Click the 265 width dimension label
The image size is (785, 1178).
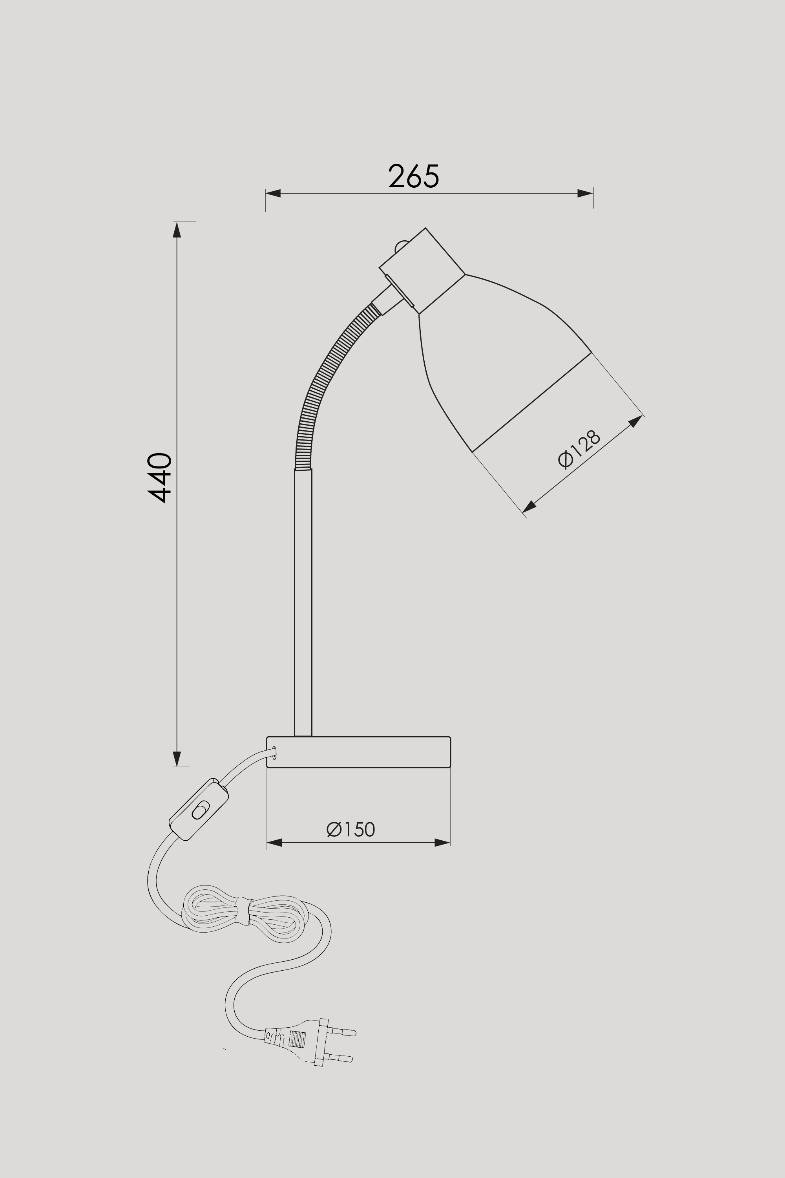414,176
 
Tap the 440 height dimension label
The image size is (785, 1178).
160,477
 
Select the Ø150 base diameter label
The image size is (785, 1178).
351,829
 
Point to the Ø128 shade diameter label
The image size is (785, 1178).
579,449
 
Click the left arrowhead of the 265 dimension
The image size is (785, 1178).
273,193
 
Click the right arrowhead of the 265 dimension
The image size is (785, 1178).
585,193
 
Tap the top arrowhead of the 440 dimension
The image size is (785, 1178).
177,229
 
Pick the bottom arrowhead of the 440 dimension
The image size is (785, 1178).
177,759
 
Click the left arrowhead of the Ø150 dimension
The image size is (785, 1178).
274,842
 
